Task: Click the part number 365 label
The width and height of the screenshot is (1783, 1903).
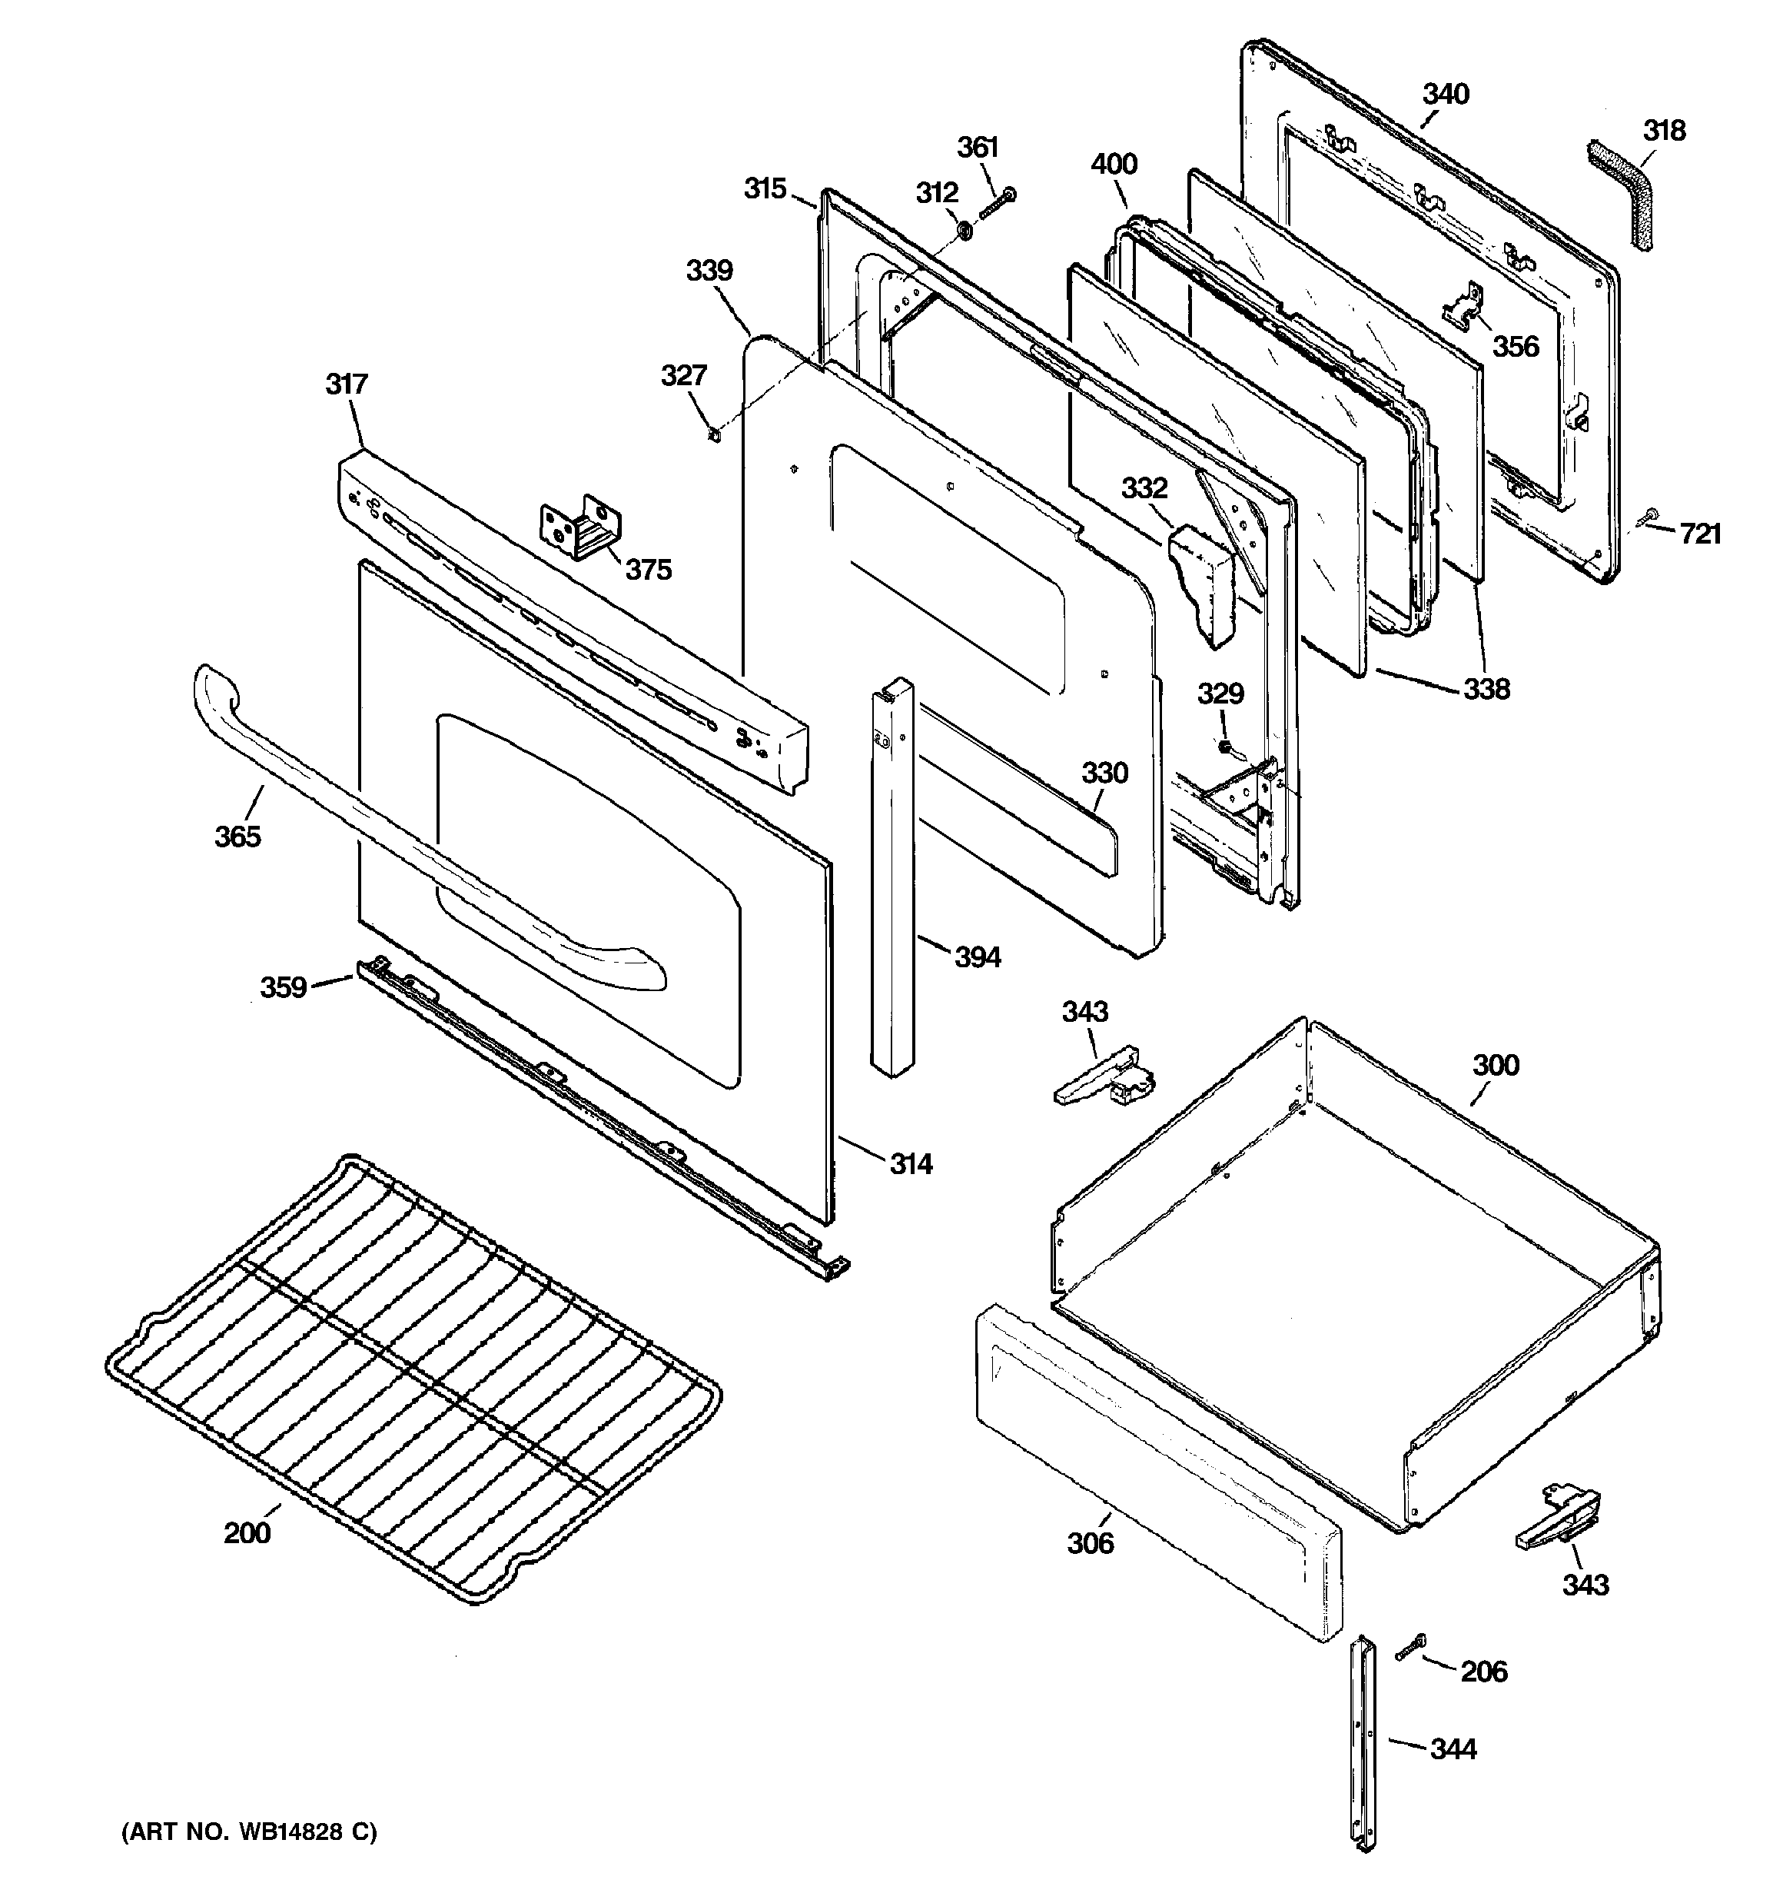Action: [237, 837]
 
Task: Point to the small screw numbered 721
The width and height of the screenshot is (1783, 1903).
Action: [1651, 517]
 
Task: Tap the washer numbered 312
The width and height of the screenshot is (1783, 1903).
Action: [965, 231]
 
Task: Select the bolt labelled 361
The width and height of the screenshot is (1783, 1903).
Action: [998, 202]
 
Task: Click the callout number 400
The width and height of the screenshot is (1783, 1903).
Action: [1114, 164]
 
